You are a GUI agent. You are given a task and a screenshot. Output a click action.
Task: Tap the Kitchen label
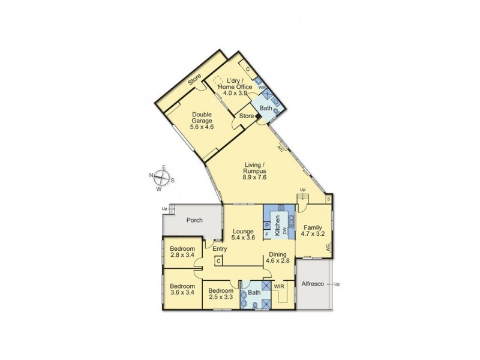pos(277,226)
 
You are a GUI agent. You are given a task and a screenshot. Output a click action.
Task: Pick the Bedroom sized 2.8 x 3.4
pos(182,252)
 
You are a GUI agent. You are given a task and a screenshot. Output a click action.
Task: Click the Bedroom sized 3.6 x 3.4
pos(182,290)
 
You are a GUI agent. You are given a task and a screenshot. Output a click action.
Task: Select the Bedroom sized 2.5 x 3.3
pos(220,293)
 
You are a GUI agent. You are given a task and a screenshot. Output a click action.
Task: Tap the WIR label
pos(280,287)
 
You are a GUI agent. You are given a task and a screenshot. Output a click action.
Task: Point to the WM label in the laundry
pos(261,88)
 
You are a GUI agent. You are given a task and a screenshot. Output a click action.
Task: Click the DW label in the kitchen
pos(286,231)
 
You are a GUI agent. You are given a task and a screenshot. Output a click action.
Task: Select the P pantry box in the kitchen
pos(268,226)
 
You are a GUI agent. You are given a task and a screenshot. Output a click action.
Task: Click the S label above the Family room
pos(328,199)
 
